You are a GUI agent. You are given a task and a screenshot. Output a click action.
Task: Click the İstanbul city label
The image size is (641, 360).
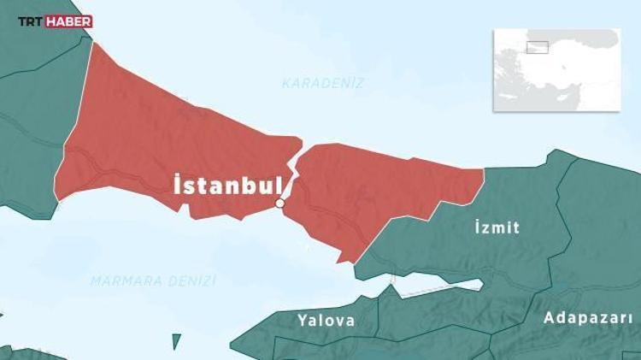(227, 186)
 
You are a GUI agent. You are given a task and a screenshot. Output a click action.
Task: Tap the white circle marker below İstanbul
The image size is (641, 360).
(279, 204)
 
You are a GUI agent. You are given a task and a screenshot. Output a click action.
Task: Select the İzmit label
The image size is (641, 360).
(497, 227)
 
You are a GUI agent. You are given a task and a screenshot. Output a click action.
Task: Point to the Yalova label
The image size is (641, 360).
(326, 321)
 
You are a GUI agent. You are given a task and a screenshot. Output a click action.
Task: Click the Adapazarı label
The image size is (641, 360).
(589, 317)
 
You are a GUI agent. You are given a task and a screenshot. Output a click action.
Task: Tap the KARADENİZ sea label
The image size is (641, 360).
(323, 84)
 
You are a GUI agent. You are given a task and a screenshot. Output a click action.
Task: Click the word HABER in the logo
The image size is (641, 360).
(70, 21)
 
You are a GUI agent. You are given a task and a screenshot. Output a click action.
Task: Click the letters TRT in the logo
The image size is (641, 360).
(32, 21)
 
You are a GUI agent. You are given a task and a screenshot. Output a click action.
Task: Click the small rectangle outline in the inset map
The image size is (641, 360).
(537, 47)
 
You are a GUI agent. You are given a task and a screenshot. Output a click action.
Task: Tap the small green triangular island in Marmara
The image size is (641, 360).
(177, 341)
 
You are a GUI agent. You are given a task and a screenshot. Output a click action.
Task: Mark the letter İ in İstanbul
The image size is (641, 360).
(178, 185)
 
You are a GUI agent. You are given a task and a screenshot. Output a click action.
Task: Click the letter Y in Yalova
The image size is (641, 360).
(302, 321)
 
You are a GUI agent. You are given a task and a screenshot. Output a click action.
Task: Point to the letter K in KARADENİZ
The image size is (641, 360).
(286, 84)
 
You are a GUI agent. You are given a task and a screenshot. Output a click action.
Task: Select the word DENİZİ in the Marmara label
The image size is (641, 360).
(196, 280)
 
